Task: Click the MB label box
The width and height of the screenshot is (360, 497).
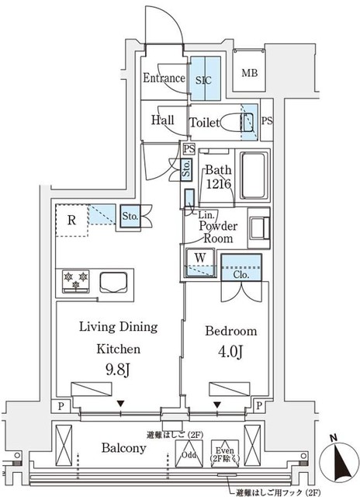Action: (x=250, y=74)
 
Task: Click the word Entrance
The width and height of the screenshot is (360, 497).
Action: (x=164, y=78)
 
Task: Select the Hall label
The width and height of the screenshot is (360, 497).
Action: (x=162, y=120)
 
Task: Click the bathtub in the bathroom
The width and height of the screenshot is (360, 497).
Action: (x=253, y=175)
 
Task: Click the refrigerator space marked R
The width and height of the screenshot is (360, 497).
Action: (x=71, y=220)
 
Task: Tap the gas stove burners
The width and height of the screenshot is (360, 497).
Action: (x=75, y=280)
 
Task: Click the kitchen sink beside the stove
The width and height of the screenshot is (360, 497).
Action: (x=113, y=280)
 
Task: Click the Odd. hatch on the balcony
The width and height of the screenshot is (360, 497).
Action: (x=191, y=456)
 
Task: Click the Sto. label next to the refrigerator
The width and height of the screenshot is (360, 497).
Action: (x=130, y=217)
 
